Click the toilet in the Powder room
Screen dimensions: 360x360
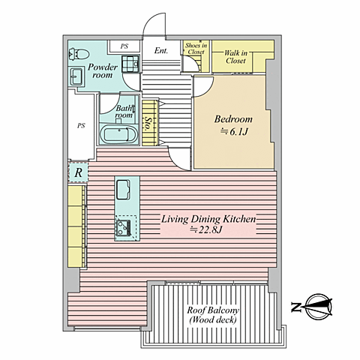pos(79,54)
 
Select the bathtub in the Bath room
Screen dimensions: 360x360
pos(118,134)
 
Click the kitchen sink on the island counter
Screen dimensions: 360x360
pos(123,190)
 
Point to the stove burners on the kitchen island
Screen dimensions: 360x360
pos(123,228)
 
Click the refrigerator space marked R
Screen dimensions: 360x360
pos(78,172)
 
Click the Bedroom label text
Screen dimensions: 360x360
pos(233,119)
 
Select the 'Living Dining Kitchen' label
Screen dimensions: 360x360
pos(208,219)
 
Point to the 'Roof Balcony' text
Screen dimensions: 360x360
pos(213,310)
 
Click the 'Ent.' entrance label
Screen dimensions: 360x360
pos(161,51)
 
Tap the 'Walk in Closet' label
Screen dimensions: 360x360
pos(235,57)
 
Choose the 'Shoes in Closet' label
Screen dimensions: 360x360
pos(196,49)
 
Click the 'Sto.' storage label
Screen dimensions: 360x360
pos(149,124)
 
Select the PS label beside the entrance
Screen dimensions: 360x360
pos(124,46)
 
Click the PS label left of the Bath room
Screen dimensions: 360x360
pos(81,125)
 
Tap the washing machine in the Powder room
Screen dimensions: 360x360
pos(130,64)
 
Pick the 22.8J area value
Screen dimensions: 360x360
pos(206,229)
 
